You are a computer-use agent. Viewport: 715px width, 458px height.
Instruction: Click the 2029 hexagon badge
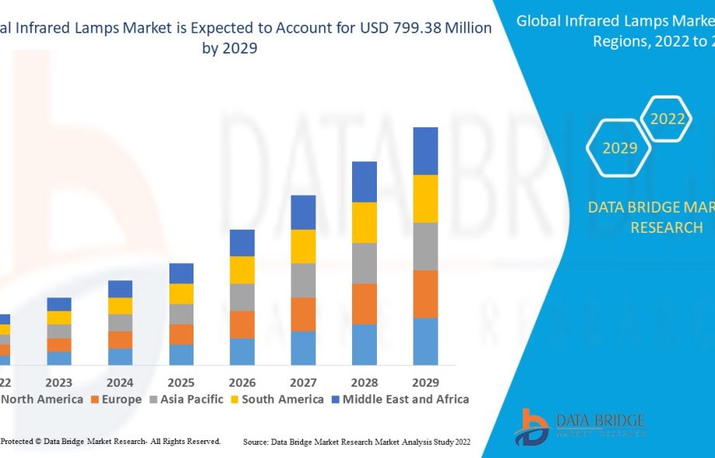(620, 147)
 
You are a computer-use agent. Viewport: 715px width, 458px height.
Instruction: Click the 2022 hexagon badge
(667, 119)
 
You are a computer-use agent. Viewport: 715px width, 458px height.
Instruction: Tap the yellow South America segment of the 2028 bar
(364, 222)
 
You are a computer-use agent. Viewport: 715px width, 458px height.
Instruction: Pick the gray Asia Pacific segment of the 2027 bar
(303, 280)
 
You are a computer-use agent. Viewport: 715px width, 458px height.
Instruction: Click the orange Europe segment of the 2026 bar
(242, 324)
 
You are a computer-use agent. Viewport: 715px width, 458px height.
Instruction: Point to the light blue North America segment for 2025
(181, 355)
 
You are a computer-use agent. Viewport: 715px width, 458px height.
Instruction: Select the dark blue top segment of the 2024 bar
(120, 289)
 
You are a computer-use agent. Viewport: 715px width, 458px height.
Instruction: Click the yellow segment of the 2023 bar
(59, 317)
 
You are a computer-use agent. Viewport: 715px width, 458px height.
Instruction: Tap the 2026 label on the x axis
(242, 383)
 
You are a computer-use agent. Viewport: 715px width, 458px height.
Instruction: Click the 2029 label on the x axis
(425, 383)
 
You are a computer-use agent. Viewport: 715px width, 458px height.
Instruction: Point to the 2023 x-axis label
(59, 383)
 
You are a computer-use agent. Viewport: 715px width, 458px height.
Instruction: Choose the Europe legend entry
(117, 399)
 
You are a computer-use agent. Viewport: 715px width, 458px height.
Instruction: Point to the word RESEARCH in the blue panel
(666, 227)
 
